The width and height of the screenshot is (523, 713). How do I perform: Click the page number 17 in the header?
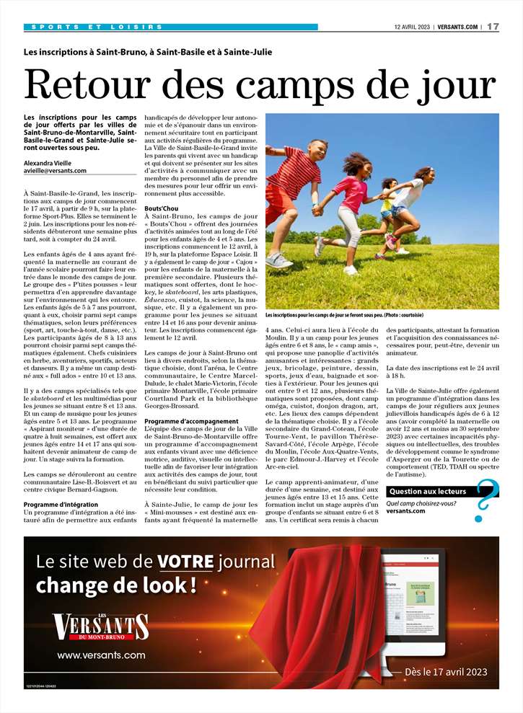click(x=493, y=27)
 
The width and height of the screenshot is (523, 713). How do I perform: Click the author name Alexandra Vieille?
click(x=53, y=163)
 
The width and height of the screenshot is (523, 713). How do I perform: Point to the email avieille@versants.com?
click(x=55, y=171)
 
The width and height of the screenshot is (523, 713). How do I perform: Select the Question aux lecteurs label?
click(x=426, y=491)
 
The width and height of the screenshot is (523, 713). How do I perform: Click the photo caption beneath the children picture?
click(x=344, y=316)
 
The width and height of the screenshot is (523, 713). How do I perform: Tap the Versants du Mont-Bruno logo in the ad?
click(x=102, y=628)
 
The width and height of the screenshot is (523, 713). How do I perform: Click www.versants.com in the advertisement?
click(x=102, y=655)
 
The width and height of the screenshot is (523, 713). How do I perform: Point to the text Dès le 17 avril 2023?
click(x=446, y=671)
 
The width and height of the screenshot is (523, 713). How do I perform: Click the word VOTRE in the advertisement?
click(x=186, y=562)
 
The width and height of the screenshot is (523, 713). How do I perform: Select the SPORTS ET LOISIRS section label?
click(x=97, y=27)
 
